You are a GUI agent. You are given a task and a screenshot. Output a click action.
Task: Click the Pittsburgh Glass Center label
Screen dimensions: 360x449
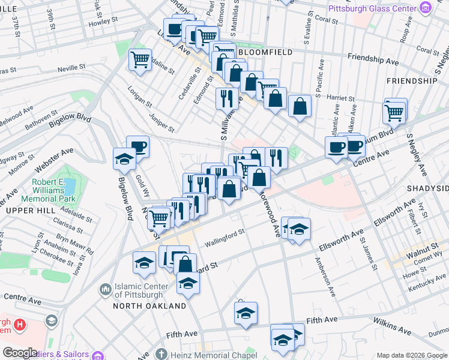pos(372,8)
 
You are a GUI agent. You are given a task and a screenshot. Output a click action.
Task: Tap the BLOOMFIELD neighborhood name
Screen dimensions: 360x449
pos(265,53)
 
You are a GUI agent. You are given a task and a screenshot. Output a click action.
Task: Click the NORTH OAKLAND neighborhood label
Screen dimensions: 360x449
pos(150,306)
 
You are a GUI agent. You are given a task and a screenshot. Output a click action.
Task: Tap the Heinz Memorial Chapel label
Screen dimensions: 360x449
pos(207,354)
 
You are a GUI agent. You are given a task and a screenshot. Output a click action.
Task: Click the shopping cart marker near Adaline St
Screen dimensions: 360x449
pos(140,60)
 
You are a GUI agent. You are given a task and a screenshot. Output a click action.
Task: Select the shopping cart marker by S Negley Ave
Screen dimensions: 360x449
pos(394,112)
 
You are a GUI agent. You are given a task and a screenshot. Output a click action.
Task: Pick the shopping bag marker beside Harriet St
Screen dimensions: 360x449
pos(299,106)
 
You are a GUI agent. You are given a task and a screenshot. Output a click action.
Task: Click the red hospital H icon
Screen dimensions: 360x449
pos(20,325)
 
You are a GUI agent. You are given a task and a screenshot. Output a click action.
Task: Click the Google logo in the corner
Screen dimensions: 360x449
pos(20,353)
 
